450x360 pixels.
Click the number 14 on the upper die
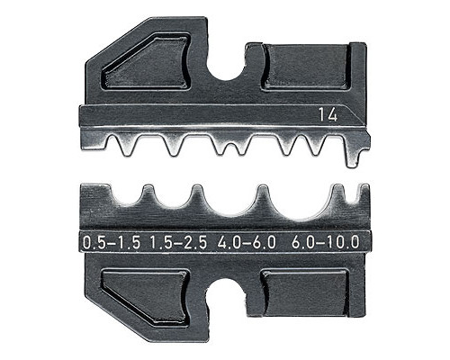(x=328, y=115)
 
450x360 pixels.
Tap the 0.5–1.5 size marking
(x=112, y=242)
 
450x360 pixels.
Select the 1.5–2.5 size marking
(x=178, y=242)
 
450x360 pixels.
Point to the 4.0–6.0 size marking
(x=247, y=242)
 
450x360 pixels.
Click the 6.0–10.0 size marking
(x=325, y=242)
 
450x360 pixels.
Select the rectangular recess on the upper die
(x=308, y=67)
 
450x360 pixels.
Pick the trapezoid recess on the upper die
(x=147, y=63)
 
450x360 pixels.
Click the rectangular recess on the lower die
(x=305, y=292)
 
